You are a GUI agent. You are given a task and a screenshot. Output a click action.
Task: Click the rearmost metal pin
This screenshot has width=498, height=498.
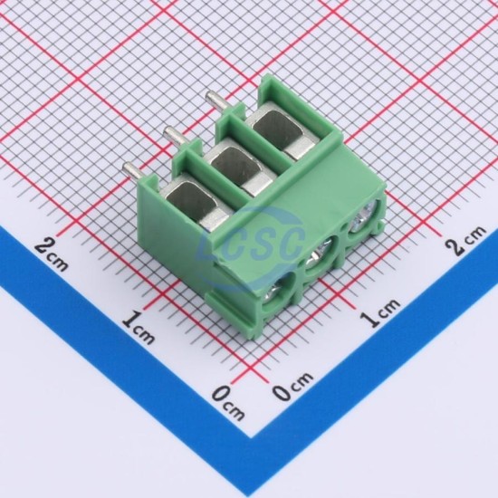tap(217, 102)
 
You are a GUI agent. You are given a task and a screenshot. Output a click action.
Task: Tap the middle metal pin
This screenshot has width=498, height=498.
tap(177, 137)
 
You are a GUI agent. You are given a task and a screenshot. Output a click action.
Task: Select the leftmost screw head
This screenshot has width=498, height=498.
tap(273, 293)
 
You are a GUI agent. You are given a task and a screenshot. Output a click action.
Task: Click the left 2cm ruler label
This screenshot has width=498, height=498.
tap(51, 255)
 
